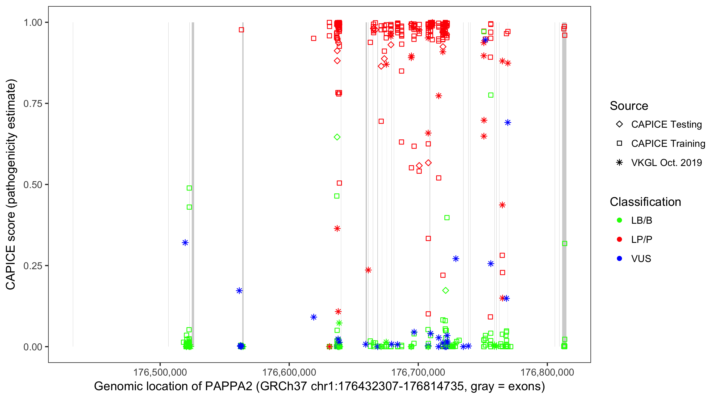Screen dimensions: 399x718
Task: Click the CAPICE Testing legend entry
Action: [666, 124]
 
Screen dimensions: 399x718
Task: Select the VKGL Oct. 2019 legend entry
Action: [666, 163]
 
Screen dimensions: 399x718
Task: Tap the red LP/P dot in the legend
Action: [620, 239]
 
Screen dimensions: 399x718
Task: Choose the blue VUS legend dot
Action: [620, 259]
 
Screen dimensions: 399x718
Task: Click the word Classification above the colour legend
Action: [645, 202]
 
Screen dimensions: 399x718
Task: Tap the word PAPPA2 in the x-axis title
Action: [228, 386]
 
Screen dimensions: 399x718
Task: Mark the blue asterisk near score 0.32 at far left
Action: [185, 243]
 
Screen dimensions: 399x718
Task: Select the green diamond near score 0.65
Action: [337, 137]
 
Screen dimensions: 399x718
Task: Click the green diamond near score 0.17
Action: [445, 290]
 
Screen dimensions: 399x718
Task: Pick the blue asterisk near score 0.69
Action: [508, 122]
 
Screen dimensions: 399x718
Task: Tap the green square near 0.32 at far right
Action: [564, 243]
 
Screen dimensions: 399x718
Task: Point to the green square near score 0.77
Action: [491, 95]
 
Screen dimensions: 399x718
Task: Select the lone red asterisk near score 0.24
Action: [368, 270]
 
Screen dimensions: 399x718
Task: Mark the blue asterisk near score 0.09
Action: [314, 317]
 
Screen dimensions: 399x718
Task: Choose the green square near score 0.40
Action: [447, 218]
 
